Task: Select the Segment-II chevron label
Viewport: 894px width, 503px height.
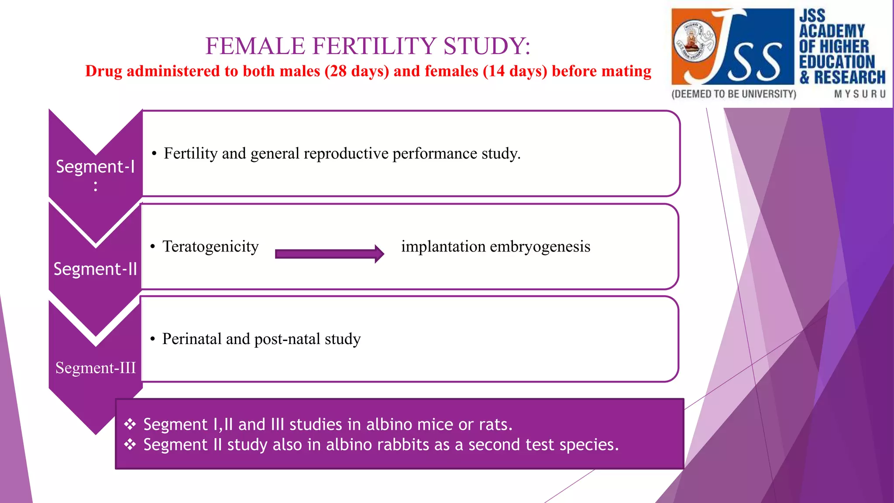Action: coord(95,269)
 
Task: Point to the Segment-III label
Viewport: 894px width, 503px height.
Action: coord(96,368)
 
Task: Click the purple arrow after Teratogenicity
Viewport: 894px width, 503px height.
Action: coord(330,254)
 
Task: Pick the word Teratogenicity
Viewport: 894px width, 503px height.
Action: coord(210,247)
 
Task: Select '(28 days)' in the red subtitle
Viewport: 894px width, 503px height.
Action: coord(357,71)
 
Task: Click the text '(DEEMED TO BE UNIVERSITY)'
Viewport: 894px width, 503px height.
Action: coord(734,94)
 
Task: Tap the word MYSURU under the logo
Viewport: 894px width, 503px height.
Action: coord(860,94)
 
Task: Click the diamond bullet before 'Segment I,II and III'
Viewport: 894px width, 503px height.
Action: coord(130,424)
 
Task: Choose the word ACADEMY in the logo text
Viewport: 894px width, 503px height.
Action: coord(832,31)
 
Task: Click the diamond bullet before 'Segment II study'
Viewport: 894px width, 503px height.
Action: coord(130,444)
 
